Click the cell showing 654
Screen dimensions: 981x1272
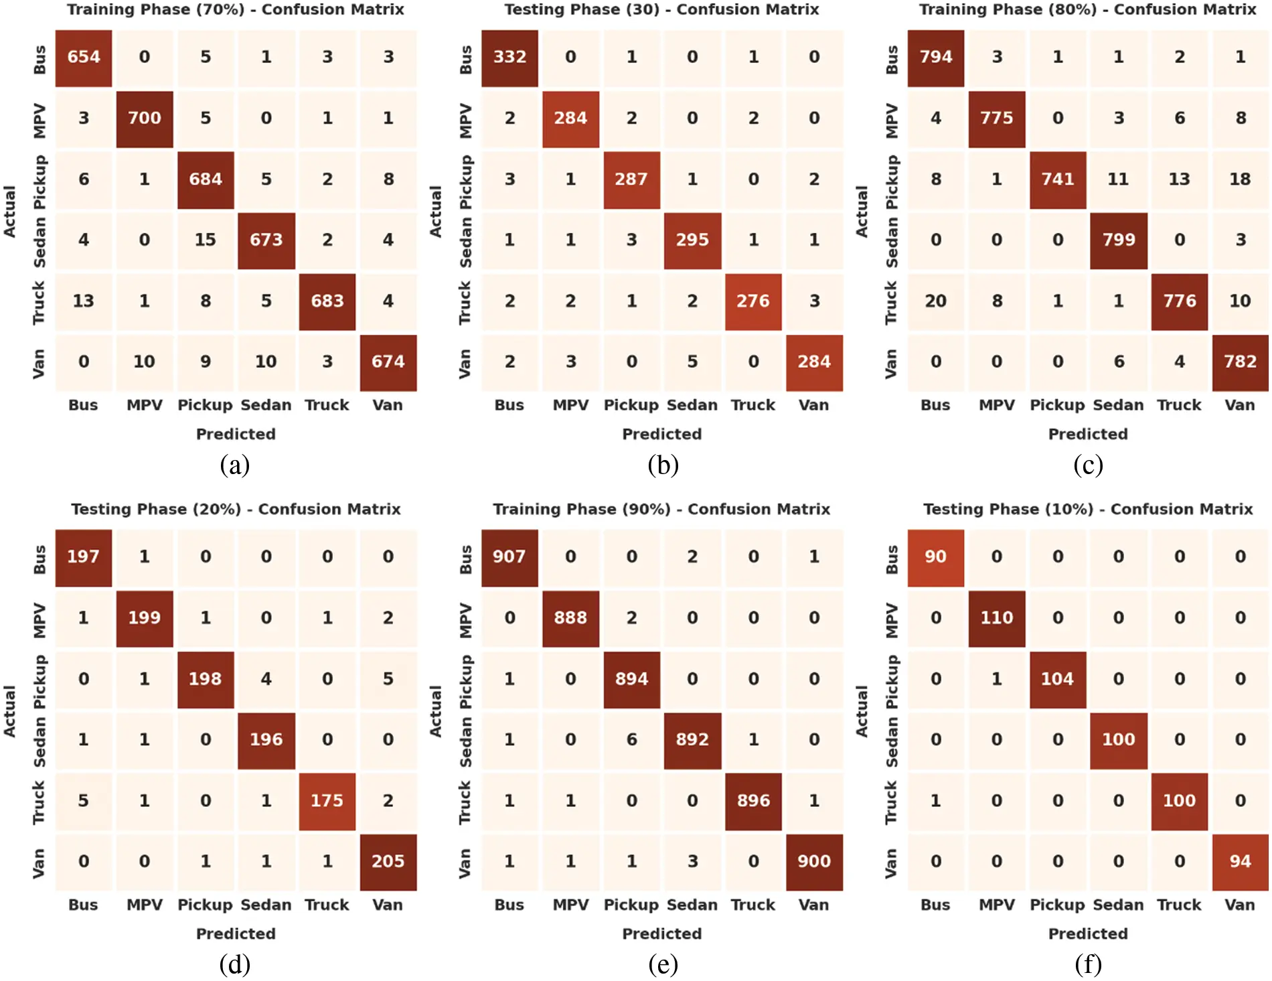click(x=83, y=58)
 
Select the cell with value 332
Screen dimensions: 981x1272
click(x=509, y=58)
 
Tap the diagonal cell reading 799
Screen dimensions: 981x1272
click(x=1118, y=240)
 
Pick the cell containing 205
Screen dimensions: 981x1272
click(x=388, y=862)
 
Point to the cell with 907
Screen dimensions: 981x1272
click(x=509, y=557)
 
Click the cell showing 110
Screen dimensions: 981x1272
click(x=996, y=618)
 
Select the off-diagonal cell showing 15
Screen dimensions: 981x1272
click(x=205, y=240)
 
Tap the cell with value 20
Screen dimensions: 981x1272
click(x=935, y=301)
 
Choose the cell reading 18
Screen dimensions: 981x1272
click(x=1240, y=179)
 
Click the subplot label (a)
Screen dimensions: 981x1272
click(x=234, y=465)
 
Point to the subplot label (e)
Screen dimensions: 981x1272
click(x=663, y=964)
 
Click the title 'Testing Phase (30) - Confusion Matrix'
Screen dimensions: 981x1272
click(x=661, y=9)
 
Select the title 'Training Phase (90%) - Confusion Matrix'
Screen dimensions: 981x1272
click(x=661, y=509)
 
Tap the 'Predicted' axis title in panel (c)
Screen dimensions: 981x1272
click(x=1088, y=434)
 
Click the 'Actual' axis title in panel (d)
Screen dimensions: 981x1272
click(x=9, y=711)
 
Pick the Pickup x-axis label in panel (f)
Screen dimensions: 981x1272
click(x=1056, y=905)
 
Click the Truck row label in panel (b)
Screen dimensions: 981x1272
click(x=465, y=303)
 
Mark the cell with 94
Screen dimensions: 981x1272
click(x=1240, y=862)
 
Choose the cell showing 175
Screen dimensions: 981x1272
click(x=327, y=801)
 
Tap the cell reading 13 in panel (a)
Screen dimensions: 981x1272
click(x=83, y=301)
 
